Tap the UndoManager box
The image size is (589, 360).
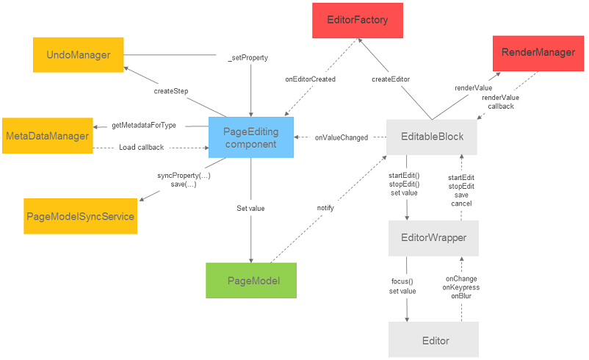(x=78, y=54)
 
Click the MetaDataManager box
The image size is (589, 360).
(x=47, y=136)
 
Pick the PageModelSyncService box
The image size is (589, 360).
(x=80, y=216)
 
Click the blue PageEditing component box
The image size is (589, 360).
(x=250, y=137)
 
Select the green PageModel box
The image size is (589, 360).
(x=251, y=281)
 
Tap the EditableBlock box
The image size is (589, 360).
(x=433, y=137)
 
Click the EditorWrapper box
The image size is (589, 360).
(x=433, y=237)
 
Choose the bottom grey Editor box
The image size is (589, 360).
(x=433, y=340)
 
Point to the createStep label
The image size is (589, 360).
(x=170, y=91)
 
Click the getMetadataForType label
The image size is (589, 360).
(x=144, y=126)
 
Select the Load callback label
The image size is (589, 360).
(x=141, y=147)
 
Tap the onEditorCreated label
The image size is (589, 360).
(x=311, y=79)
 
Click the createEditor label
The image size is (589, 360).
(x=391, y=79)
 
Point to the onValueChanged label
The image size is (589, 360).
(x=342, y=137)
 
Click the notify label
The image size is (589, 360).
(x=325, y=208)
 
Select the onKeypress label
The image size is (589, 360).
(x=461, y=287)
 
